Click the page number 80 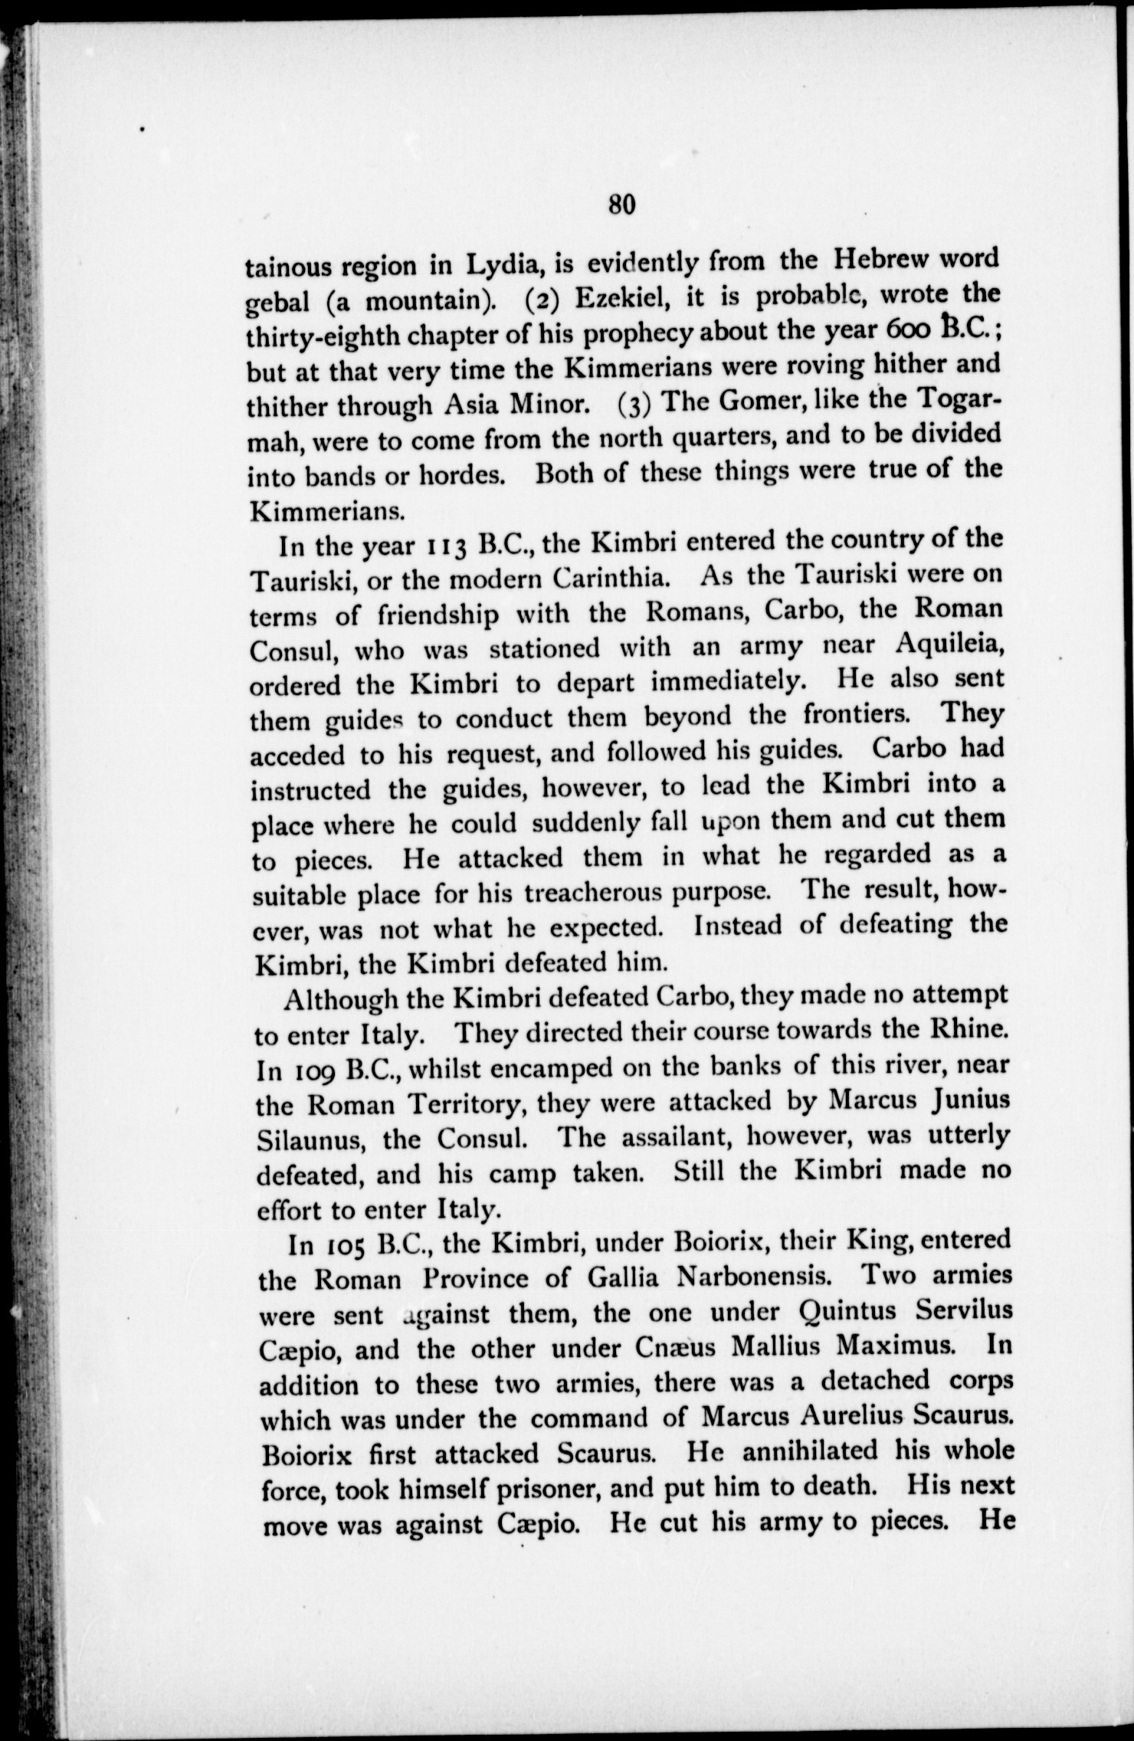(x=621, y=205)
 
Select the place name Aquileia (x=949, y=645)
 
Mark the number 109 (x=312, y=1070)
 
